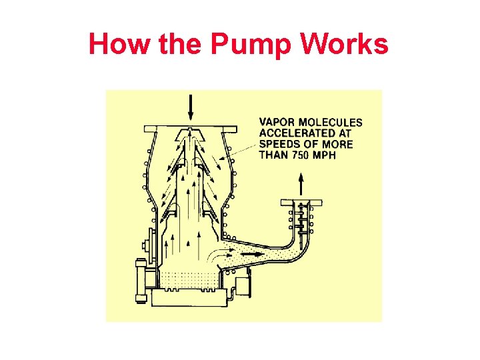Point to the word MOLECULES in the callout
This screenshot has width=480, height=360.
pyautogui.click(x=331, y=122)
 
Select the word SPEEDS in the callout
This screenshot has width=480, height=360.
pyautogui.click(x=279, y=144)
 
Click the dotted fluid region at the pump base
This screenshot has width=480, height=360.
pyautogui.click(x=190, y=279)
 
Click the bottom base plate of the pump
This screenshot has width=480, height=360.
pyautogui.click(x=190, y=298)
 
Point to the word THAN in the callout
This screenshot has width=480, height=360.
pyautogui.click(x=273, y=155)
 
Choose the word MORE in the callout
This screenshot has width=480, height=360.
pyautogui.click(x=337, y=144)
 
